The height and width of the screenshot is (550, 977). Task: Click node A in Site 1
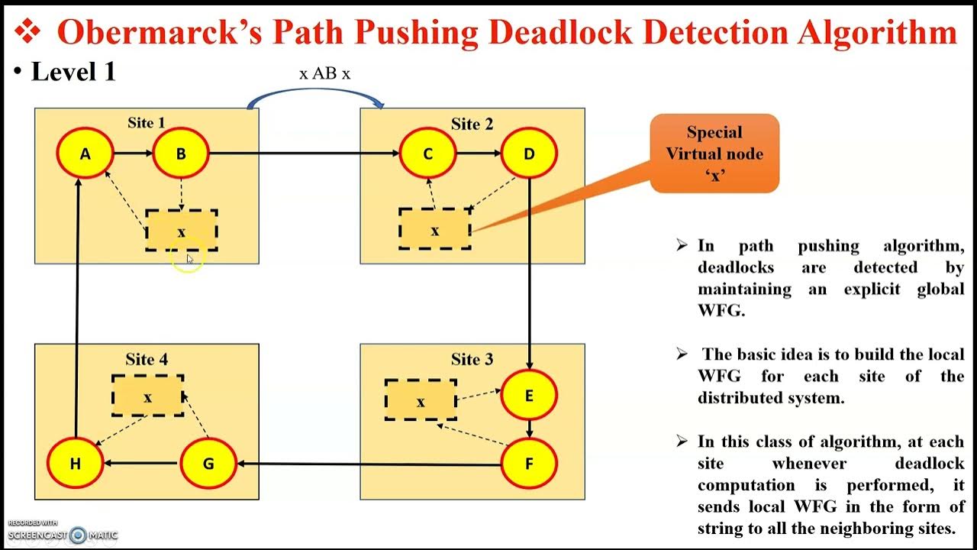click(x=85, y=154)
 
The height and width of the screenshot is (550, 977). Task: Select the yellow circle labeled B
click(x=181, y=154)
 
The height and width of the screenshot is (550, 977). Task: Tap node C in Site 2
click(x=427, y=154)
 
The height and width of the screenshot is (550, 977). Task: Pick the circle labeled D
click(x=529, y=154)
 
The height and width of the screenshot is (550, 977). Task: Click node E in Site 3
click(x=529, y=396)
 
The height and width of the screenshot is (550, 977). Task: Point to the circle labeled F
click(x=529, y=464)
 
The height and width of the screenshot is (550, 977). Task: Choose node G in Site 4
click(x=208, y=464)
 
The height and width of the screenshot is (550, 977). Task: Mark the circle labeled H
click(x=75, y=464)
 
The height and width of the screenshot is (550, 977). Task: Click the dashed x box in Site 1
click(x=182, y=231)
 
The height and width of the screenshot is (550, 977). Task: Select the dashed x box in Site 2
click(x=434, y=229)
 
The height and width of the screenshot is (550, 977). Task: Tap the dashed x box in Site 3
click(x=421, y=400)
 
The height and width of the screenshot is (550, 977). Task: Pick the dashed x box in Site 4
click(x=147, y=396)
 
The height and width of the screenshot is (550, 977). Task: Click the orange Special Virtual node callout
click(x=714, y=154)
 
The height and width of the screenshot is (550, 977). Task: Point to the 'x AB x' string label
click(x=325, y=73)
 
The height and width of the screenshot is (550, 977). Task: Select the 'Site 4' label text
click(x=147, y=359)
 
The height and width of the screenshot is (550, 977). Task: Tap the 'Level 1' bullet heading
click(x=73, y=72)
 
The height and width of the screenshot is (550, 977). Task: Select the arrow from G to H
click(x=141, y=463)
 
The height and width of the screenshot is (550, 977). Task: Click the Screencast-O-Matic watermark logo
click(x=77, y=535)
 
